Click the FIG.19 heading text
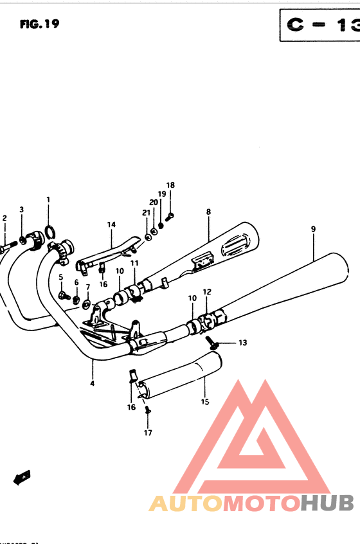pyautogui.click(x=39, y=24)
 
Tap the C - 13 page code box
pyautogui.click(x=319, y=25)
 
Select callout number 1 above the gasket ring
pyautogui.click(x=48, y=200)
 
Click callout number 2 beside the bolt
pyautogui.click(x=4, y=219)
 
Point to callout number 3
pyautogui.click(x=21, y=210)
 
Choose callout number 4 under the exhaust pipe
pyautogui.click(x=92, y=384)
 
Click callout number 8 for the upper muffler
pyautogui.click(x=208, y=212)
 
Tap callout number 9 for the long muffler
pyautogui.click(x=313, y=229)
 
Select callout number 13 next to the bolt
pyautogui.click(x=242, y=343)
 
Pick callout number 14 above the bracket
pyautogui.click(x=111, y=224)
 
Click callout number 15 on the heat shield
pyautogui.click(x=205, y=403)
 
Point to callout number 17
pyautogui.click(x=148, y=433)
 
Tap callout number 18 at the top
pyautogui.click(x=170, y=185)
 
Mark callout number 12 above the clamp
pyautogui.click(x=207, y=292)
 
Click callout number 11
pyautogui.click(x=135, y=264)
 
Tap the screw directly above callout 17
pyautogui.click(x=148, y=410)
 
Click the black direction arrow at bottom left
pyautogui.click(x=22, y=477)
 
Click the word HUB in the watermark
pyautogui.click(x=325, y=503)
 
